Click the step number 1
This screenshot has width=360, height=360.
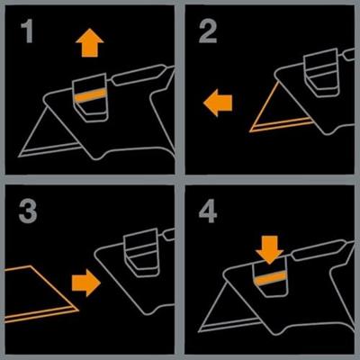pos(27,31)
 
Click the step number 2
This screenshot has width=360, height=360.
pos(208,31)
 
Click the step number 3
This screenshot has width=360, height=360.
pos(28,211)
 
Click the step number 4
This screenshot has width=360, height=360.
pos(208,211)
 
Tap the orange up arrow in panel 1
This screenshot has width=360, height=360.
pos(90,42)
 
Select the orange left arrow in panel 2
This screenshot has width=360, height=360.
pos(218,103)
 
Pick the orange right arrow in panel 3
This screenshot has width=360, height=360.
pos(86,283)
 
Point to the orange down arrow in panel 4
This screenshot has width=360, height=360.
pos(270,249)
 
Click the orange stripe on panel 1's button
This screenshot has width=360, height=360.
pos(90,95)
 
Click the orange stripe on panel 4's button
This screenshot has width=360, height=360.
pos(271,279)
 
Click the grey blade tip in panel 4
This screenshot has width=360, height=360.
pos(199,331)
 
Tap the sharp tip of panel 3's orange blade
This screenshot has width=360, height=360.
pos(78,310)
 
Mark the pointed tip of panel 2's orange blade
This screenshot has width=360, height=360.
pos(250,131)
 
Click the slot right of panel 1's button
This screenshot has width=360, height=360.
pos(138,75)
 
